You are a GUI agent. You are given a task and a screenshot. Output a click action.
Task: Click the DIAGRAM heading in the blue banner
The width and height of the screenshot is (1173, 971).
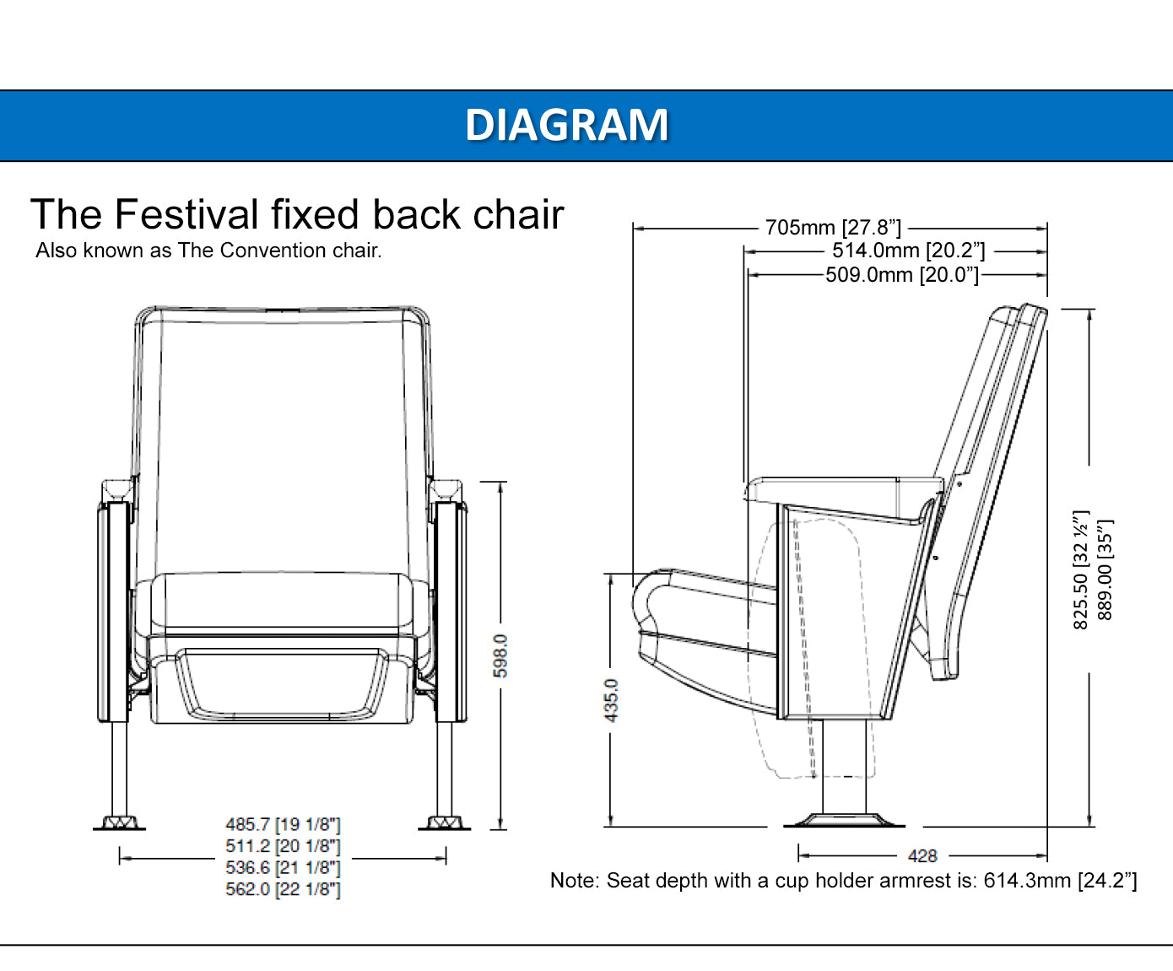tap(566, 125)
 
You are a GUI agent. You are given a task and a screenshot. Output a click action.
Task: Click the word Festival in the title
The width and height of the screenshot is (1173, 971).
tap(186, 214)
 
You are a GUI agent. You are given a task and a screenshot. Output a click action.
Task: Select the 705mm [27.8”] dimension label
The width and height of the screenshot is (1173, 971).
tap(833, 228)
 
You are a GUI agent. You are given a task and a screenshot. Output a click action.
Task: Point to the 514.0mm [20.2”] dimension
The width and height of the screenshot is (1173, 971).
tap(908, 251)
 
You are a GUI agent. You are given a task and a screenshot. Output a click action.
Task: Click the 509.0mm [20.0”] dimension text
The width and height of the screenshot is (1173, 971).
tap(901, 275)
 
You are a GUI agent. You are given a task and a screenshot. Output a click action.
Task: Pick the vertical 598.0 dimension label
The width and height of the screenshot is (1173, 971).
tap(500, 655)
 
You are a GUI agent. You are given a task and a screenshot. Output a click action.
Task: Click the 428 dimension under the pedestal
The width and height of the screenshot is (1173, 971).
tap(922, 855)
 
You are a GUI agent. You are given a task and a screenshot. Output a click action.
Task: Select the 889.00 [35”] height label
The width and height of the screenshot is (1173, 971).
tap(1105, 569)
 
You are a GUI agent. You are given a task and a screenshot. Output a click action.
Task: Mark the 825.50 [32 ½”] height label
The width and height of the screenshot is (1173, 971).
tap(1080, 569)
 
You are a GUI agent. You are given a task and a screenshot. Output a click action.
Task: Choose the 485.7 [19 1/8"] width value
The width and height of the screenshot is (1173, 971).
tap(283, 824)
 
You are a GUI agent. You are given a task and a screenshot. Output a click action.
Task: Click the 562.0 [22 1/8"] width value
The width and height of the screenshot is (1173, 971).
tap(283, 889)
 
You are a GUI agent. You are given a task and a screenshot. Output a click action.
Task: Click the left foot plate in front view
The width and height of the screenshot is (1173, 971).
tap(119, 823)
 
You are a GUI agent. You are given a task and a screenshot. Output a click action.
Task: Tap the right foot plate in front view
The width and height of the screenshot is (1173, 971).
tap(445, 823)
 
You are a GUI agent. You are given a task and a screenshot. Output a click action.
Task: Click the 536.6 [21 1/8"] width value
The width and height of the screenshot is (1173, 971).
tap(283, 867)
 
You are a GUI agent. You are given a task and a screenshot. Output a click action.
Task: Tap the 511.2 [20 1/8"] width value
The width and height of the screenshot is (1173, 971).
tap(283, 846)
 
